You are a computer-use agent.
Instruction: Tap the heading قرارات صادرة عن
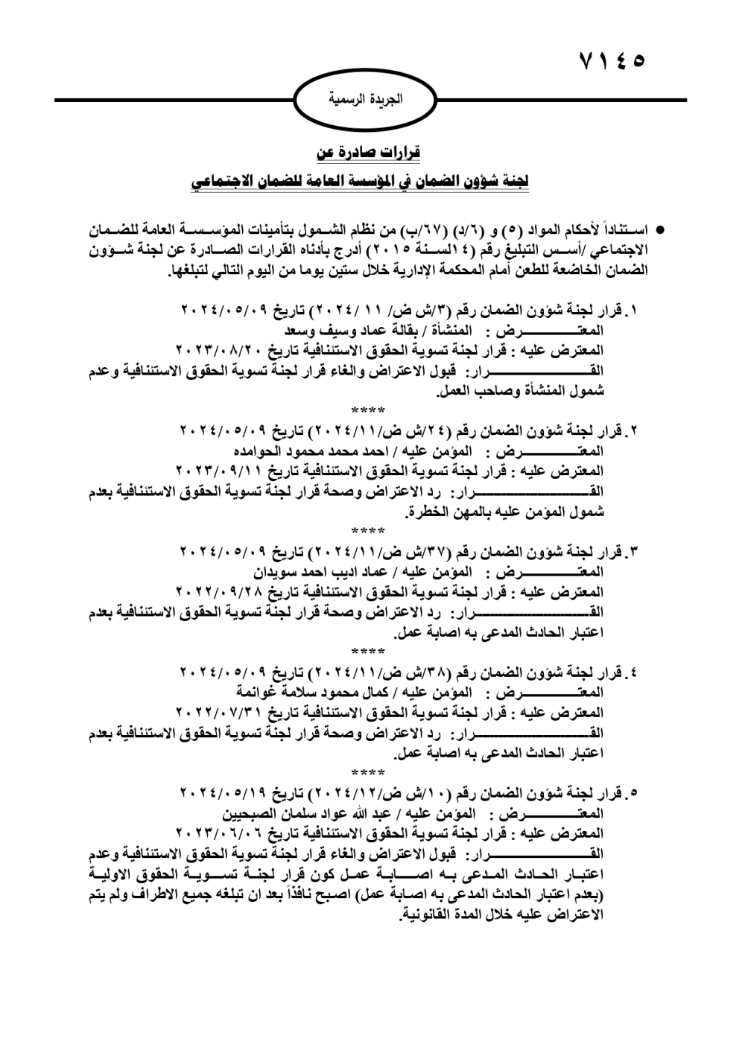point(368,153)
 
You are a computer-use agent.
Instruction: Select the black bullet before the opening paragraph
point(659,226)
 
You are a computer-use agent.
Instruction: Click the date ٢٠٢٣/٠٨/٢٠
point(213,349)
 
